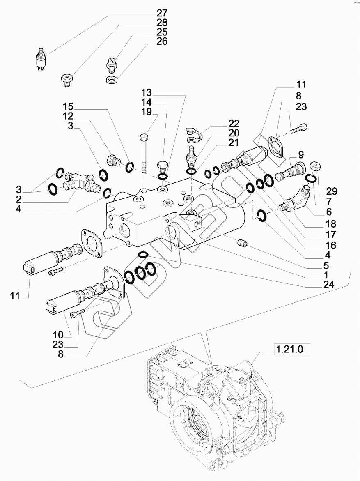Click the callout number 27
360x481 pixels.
coord(162,13)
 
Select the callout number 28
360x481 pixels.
coord(162,23)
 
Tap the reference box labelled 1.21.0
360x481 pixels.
coord(289,349)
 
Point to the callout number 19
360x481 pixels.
coord(147,112)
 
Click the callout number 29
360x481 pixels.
coord(332,191)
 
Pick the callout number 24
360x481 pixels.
coord(328,284)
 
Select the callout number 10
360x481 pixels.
coord(57,335)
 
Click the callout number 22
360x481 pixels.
coord(234,123)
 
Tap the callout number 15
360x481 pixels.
coord(68,107)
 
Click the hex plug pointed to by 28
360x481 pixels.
coord(66,80)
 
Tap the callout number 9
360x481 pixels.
coord(300,154)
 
